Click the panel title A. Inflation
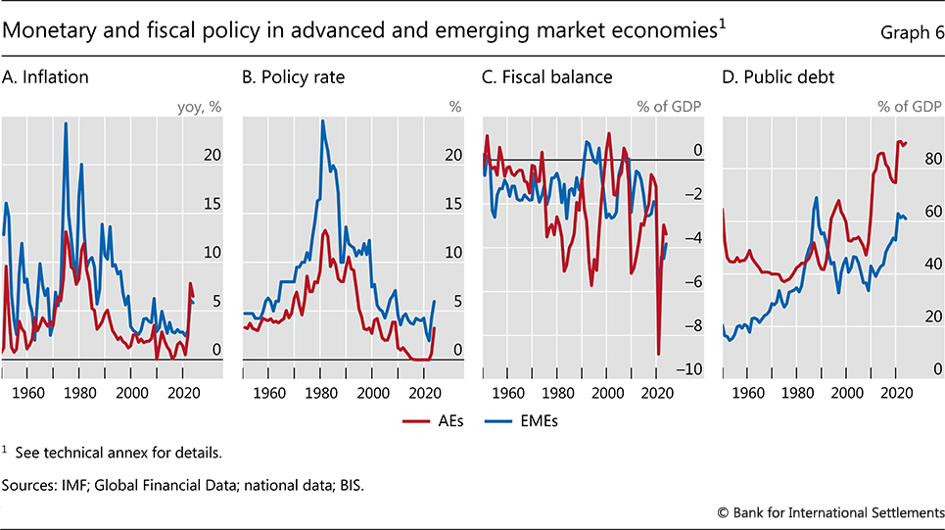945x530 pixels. (46, 76)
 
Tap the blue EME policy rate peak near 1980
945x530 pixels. (322, 120)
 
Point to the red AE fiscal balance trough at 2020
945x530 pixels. (658, 354)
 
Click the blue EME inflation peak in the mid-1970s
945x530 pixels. (66, 123)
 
